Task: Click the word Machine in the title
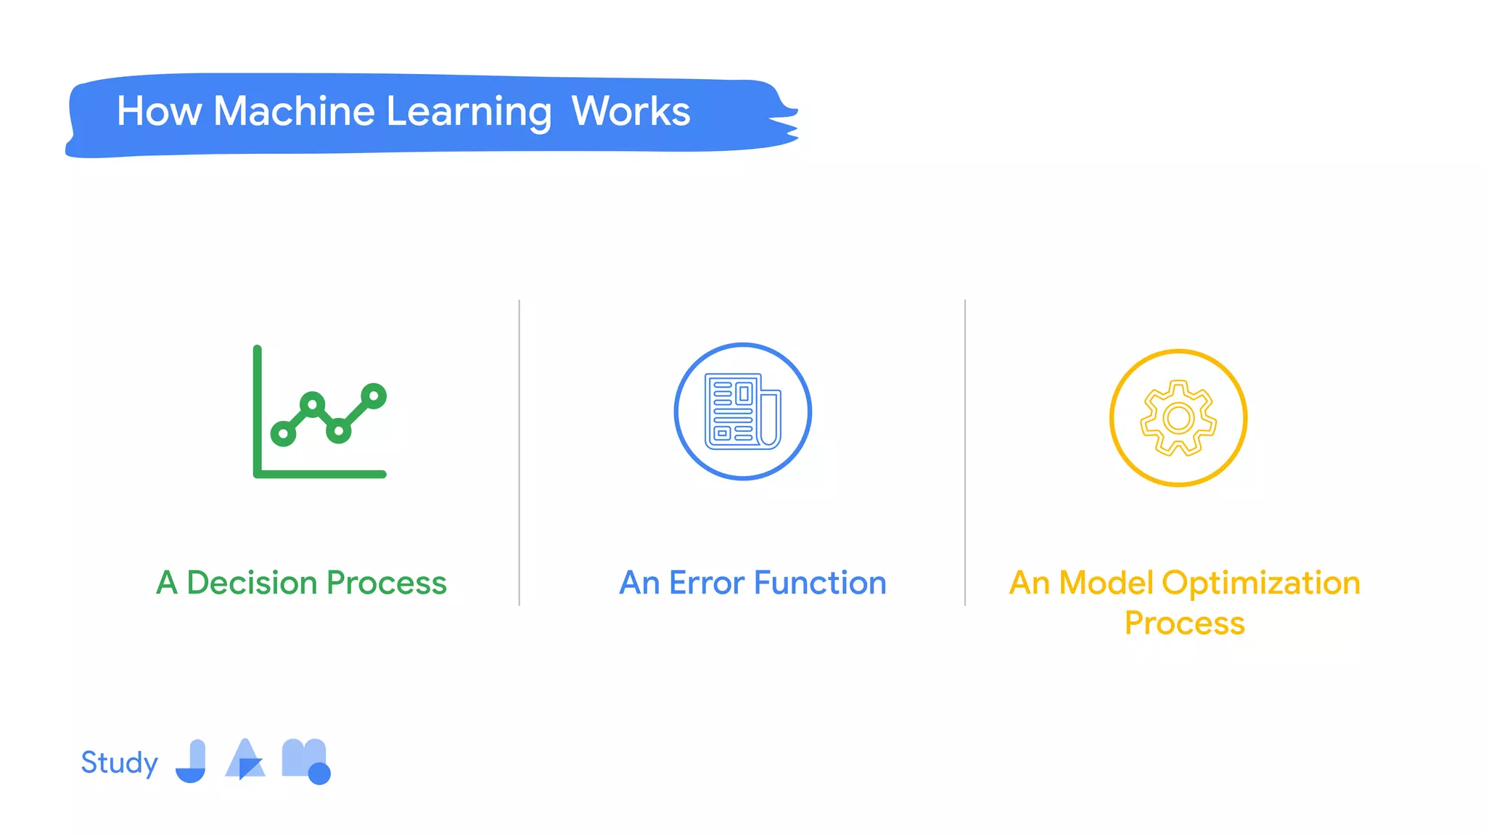coord(294,112)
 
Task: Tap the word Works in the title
coord(631,112)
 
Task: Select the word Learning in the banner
coord(469,113)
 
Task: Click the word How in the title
coord(159,112)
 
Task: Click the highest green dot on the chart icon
coord(374,396)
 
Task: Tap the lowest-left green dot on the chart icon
coord(283,434)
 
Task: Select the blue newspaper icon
coord(743,411)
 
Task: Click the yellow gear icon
coord(1178,418)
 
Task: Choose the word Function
coord(820,583)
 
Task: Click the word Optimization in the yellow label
coord(1261,583)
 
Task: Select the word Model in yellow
coord(1106,583)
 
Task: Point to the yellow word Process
coord(1184,623)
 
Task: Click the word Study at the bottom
coord(119,763)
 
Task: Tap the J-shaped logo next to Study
coord(192,761)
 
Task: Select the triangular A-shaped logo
coord(245,759)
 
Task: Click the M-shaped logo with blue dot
coord(305,761)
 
